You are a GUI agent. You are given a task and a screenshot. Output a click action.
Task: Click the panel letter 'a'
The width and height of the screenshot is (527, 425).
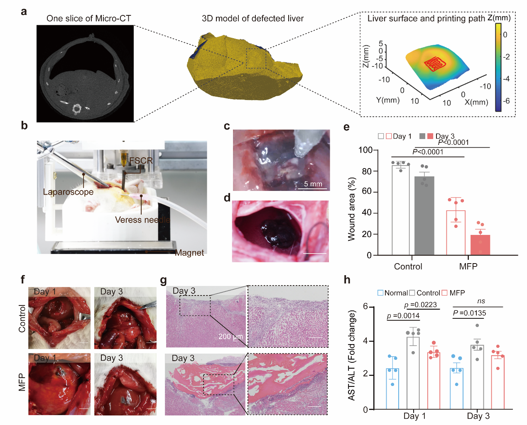pyautogui.click(x=24, y=12)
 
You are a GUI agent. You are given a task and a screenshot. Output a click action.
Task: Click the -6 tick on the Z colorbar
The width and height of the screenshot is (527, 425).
pyautogui.click(x=507, y=101)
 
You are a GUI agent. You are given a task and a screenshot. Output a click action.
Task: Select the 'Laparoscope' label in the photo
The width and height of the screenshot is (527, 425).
pyautogui.click(x=68, y=192)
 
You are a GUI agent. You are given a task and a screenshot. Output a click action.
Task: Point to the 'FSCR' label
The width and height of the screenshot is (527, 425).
pyautogui.click(x=141, y=161)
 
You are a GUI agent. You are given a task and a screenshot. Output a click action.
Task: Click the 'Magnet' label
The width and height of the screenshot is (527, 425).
pyautogui.click(x=189, y=253)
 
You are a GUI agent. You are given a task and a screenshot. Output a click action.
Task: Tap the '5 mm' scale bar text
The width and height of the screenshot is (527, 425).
pyautogui.click(x=313, y=184)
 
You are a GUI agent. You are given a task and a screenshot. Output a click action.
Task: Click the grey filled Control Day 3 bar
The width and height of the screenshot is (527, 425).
pyautogui.click(x=424, y=216)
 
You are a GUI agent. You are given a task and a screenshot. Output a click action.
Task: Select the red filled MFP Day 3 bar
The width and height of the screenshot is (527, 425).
pyautogui.click(x=480, y=245)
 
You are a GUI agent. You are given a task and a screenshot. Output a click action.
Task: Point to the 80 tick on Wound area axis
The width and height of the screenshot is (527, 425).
pyautogui.click(x=367, y=171)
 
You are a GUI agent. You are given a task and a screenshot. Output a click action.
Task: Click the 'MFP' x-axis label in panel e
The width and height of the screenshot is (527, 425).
pyautogui.click(x=468, y=266)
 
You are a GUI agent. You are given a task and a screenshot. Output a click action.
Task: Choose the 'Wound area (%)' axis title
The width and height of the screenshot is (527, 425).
pyautogui.click(x=352, y=209)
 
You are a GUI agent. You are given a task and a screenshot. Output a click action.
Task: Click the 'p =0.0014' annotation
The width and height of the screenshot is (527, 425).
pyautogui.click(x=403, y=316)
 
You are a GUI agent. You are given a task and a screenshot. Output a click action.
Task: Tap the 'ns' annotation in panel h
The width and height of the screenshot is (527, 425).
pyautogui.click(x=481, y=301)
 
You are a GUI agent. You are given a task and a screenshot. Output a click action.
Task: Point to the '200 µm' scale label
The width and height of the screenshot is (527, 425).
pyautogui.click(x=230, y=336)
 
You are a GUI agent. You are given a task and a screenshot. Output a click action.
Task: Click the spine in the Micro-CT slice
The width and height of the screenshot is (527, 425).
pyautogui.click(x=77, y=109)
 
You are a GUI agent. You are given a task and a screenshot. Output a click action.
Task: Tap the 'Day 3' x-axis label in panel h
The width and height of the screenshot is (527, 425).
pyautogui.click(x=478, y=416)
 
